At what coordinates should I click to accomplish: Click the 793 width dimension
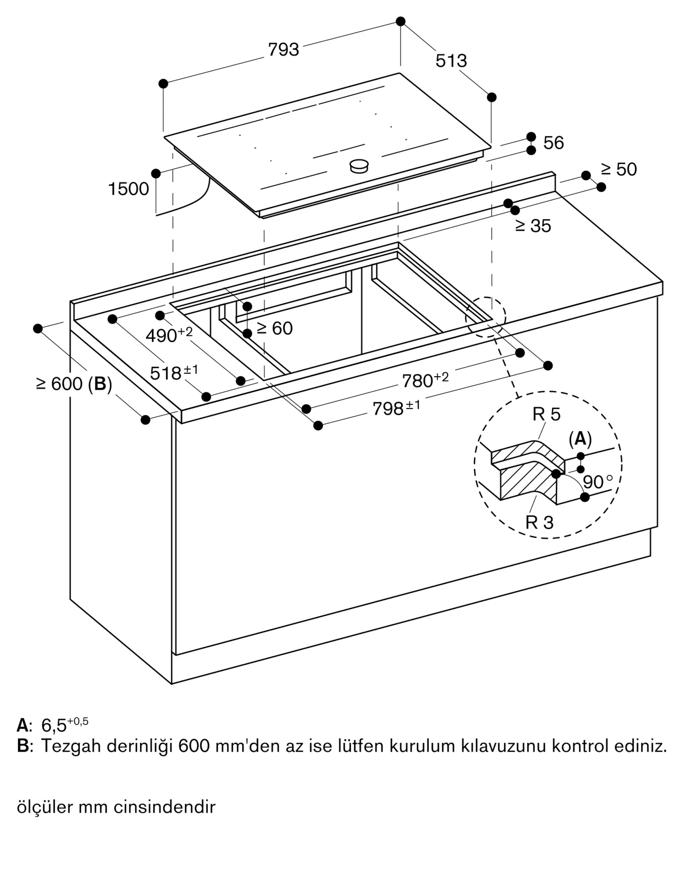pyautogui.click(x=284, y=50)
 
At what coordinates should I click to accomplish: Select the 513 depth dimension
pyautogui.click(x=451, y=61)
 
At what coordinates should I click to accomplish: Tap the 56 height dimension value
pyautogui.click(x=553, y=143)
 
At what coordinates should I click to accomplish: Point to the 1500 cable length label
pyautogui.click(x=129, y=189)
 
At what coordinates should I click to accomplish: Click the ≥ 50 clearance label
pyautogui.click(x=619, y=169)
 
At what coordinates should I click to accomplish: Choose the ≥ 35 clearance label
pyautogui.click(x=533, y=226)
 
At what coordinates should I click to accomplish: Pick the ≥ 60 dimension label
pyautogui.click(x=274, y=328)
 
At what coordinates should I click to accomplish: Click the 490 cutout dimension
pyautogui.click(x=169, y=335)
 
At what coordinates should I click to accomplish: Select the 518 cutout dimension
pyautogui.click(x=174, y=373)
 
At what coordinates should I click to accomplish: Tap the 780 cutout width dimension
pyautogui.click(x=425, y=380)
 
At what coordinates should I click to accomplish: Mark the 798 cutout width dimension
pyautogui.click(x=396, y=408)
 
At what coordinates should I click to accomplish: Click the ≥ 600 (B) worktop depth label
pyautogui.click(x=74, y=384)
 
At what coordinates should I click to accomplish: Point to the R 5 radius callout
pyautogui.click(x=546, y=414)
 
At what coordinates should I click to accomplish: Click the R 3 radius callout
pyautogui.click(x=539, y=522)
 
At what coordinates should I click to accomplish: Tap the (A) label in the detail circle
pyautogui.click(x=580, y=439)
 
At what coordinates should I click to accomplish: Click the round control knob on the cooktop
pyautogui.click(x=359, y=165)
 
